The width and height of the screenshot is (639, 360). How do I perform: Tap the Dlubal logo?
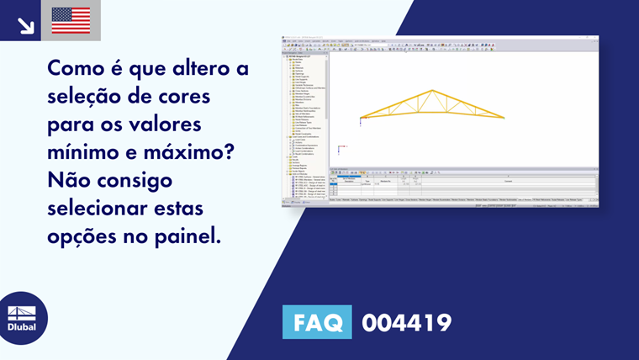(x=22, y=318)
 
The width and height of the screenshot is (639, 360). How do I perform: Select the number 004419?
(x=406, y=323)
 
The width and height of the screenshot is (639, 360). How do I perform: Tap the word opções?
(x=82, y=237)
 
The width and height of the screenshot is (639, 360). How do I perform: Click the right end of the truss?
(x=504, y=117)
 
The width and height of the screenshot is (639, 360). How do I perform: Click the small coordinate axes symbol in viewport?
(x=341, y=150)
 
